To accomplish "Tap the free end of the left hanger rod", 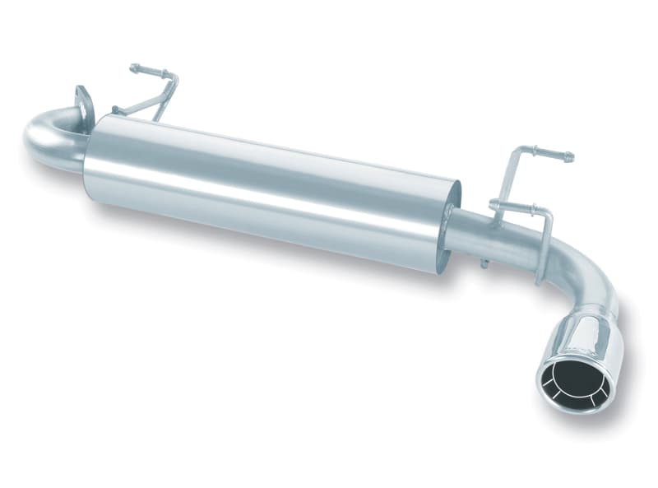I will [x=134, y=68].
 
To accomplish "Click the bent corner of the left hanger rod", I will [x=173, y=78].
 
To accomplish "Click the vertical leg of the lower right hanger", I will [x=544, y=247].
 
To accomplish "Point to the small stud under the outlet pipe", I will [x=484, y=263].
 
